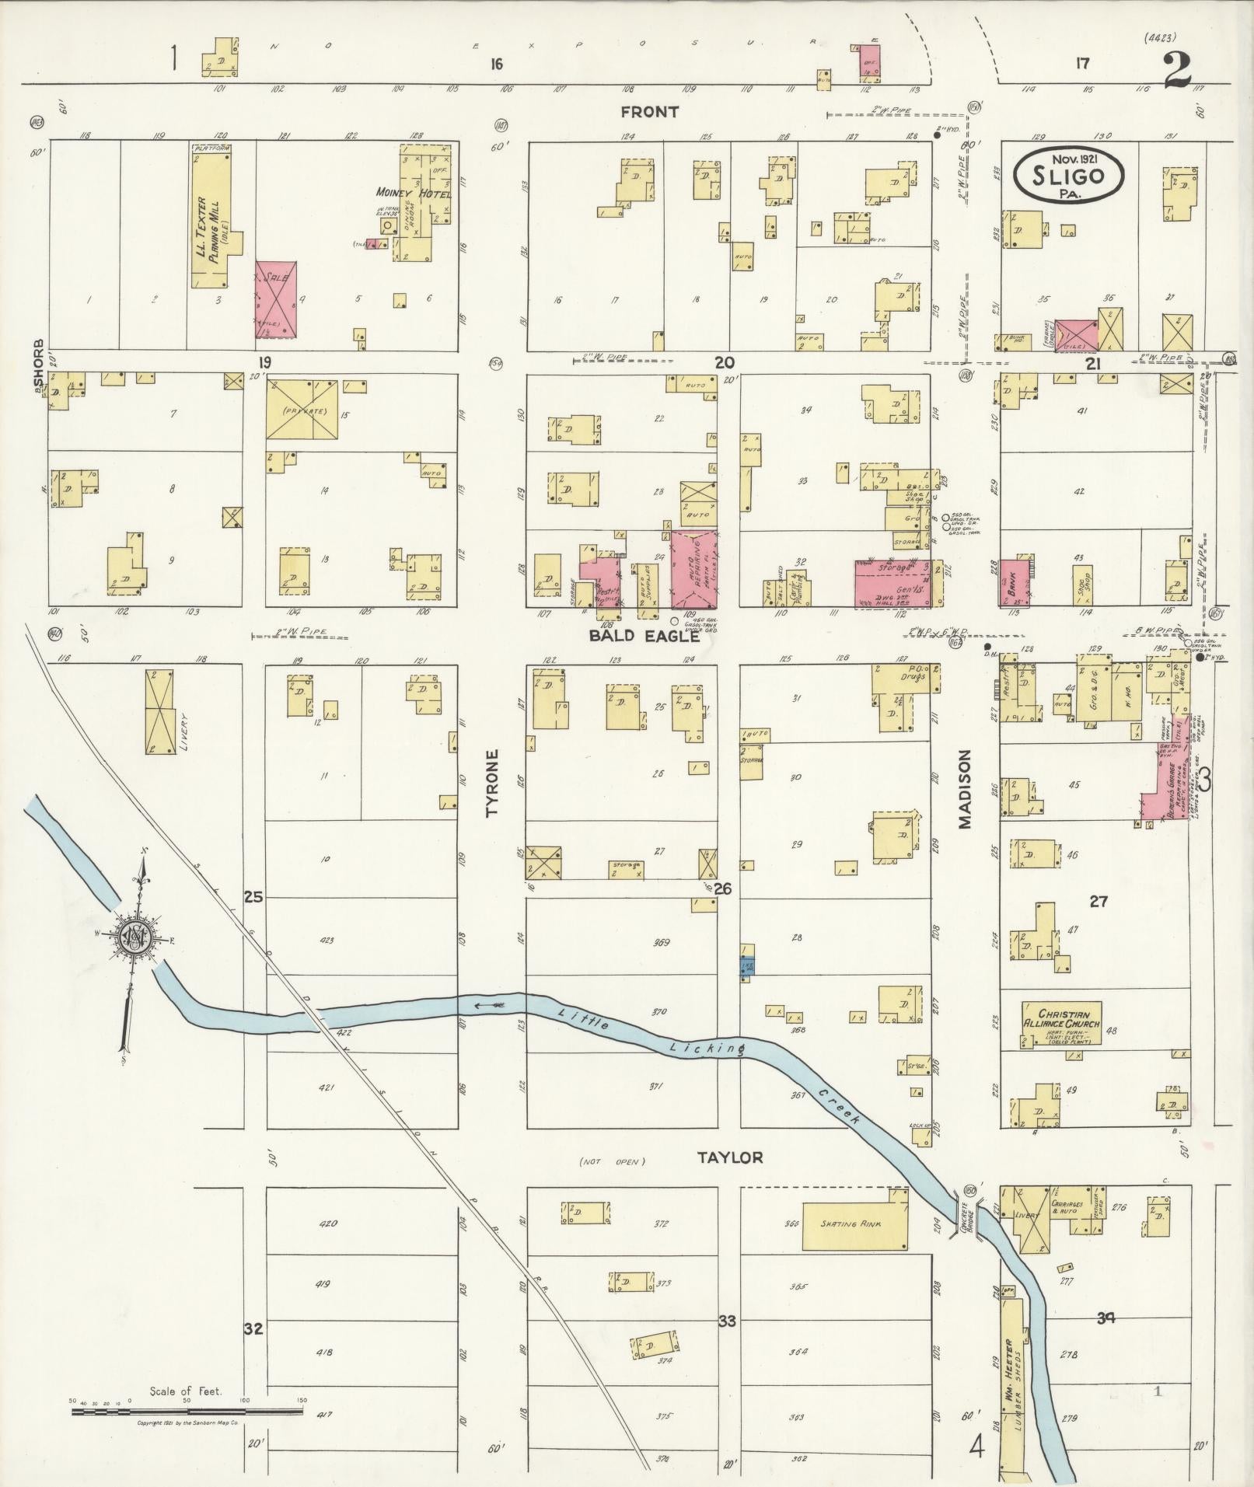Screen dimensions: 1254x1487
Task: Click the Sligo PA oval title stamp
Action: [1069, 176]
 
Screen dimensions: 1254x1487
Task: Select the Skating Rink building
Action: [854, 1223]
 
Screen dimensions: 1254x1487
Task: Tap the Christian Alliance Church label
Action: [1060, 1021]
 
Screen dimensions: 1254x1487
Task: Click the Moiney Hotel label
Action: [413, 192]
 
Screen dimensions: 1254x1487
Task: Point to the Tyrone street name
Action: [492, 783]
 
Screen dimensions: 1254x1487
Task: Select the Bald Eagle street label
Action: [644, 637]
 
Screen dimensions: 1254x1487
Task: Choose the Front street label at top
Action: [649, 112]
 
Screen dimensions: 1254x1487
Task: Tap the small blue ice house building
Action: [746, 967]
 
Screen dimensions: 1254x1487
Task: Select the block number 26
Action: [723, 888]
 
